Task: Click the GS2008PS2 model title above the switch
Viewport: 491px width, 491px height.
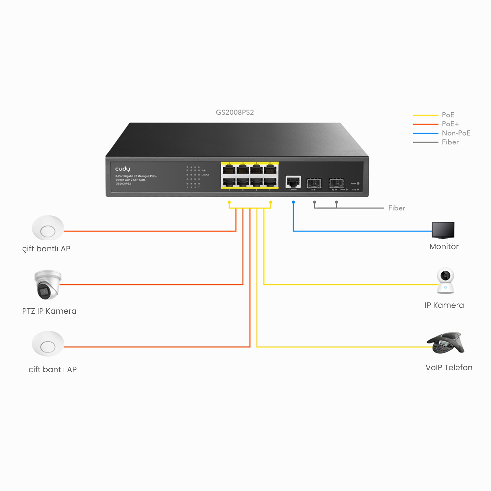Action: coord(234,112)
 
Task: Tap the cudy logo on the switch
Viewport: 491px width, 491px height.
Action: coord(123,169)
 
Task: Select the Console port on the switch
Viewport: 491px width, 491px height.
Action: coord(293,182)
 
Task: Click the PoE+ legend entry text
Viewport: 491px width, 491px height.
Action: coord(450,124)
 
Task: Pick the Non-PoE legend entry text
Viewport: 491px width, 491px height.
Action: coord(456,133)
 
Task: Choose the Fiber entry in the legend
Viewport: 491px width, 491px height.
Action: coord(450,142)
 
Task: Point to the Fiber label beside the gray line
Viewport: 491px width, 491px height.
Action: coord(396,208)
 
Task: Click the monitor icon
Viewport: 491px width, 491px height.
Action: coord(443,230)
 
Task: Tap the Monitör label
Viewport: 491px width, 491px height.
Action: coord(444,246)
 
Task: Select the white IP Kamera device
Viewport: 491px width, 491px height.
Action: coord(445,281)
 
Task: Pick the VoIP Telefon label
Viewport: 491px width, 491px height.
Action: coord(449,368)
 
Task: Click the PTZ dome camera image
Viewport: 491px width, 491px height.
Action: coord(48,285)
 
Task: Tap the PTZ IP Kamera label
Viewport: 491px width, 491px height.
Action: coord(49,311)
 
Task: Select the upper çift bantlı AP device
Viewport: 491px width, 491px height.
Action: coord(48,228)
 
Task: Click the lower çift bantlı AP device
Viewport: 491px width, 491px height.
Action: coord(48,344)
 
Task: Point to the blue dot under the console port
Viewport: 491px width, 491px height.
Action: coord(293,202)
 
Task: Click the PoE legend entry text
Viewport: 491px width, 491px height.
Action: coord(448,115)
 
